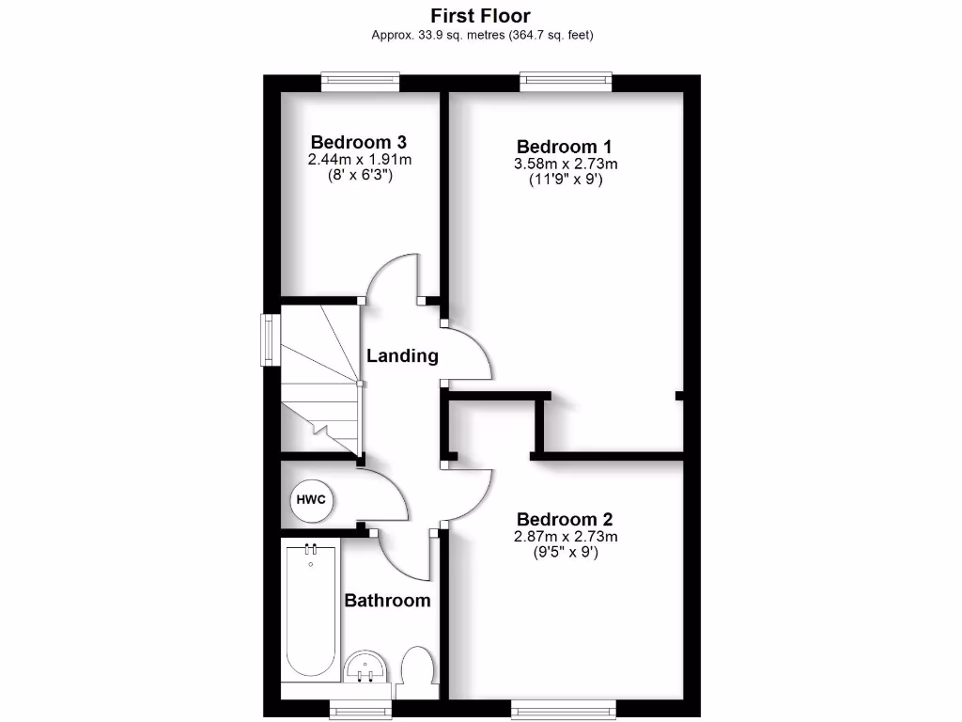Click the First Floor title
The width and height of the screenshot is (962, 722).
tap(480, 15)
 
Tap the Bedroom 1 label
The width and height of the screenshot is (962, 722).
tap(564, 147)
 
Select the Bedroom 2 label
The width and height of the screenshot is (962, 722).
tap(564, 519)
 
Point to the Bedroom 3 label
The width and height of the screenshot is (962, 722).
tap(359, 142)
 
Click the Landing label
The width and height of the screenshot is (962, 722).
tap(402, 355)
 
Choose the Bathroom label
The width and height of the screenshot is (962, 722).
tap(387, 600)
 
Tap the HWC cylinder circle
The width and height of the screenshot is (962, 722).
tap(312, 499)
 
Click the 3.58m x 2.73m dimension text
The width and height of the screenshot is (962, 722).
tap(566, 164)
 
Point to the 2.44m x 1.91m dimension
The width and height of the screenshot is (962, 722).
tap(360, 160)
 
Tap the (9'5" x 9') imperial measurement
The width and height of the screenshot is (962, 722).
tap(565, 553)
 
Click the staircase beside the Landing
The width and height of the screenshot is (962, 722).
tap(319, 381)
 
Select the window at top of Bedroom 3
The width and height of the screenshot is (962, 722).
tap(360, 82)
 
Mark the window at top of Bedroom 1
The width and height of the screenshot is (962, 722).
tap(566, 82)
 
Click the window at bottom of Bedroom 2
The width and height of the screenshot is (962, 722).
tap(563, 707)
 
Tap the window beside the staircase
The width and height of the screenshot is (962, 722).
tap(270, 338)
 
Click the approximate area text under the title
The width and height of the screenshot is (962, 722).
tap(482, 35)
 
